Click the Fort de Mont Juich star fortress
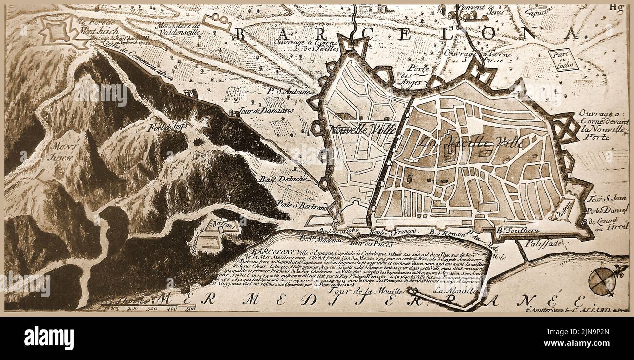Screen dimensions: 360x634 click(58, 32)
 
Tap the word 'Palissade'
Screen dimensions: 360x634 click(544, 242)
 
